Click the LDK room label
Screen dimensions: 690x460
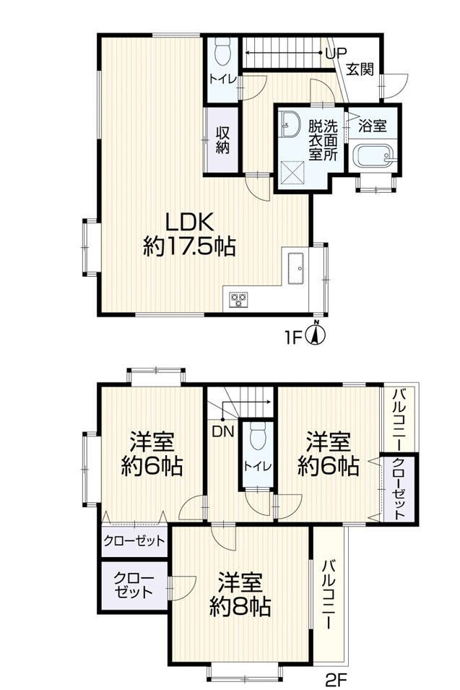point(188,220)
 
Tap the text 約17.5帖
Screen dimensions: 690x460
point(188,248)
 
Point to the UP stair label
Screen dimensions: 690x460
point(336,53)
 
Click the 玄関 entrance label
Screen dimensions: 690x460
point(359,70)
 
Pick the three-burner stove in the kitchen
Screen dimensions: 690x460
point(238,298)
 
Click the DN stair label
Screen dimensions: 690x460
point(222,432)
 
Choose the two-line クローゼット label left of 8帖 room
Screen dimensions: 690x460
point(132,585)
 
